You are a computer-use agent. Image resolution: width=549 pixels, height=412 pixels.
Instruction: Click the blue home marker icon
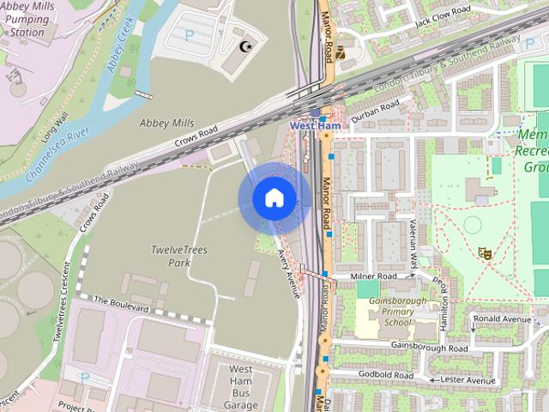(x=274, y=198)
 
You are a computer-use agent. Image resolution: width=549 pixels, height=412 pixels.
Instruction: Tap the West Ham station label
(x=316, y=126)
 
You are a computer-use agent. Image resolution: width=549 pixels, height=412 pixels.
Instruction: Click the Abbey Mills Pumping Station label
(x=29, y=19)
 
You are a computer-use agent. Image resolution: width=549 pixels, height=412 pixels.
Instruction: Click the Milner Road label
(x=374, y=276)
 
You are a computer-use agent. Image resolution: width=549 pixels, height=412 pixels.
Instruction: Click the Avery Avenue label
(x=289, y=273)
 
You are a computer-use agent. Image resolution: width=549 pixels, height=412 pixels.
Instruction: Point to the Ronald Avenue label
(x=507, y=319)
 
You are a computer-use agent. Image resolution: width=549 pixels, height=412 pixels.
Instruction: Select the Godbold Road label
(x=388, y=375)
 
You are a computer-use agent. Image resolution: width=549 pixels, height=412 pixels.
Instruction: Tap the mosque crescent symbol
(x=247, y=45)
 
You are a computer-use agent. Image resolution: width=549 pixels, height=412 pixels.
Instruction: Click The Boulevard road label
(x=121, y=302)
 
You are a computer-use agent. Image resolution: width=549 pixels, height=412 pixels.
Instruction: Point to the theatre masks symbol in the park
(x=485, y=252)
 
